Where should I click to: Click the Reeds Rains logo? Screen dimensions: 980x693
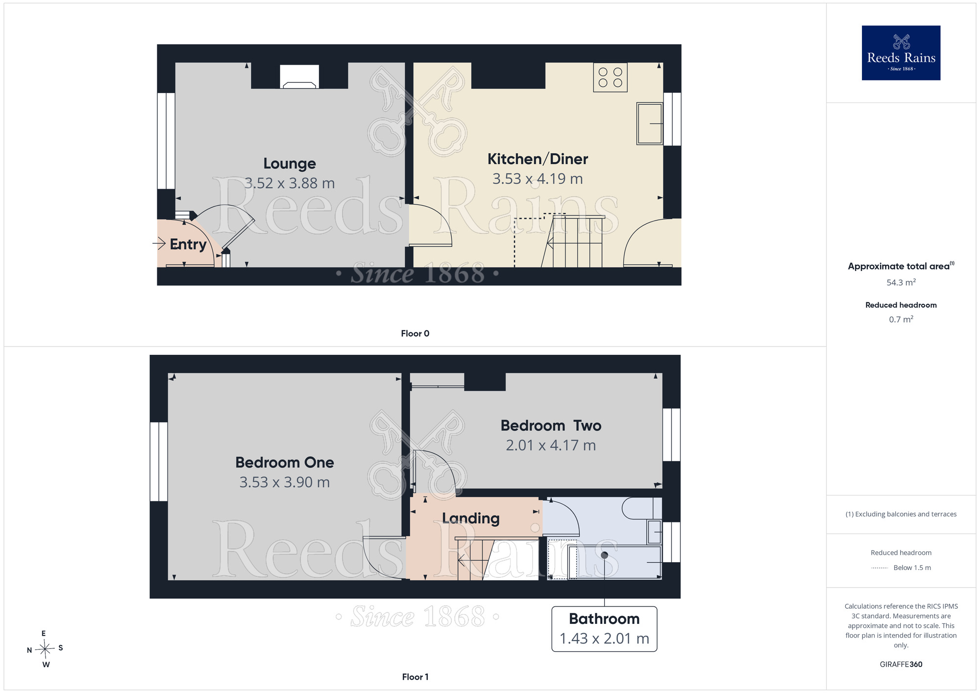[901, 53]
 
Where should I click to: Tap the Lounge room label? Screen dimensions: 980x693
[290, 164]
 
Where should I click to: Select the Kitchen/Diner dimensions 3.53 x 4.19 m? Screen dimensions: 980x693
[538, 179]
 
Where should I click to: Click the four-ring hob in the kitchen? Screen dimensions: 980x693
[610, 77]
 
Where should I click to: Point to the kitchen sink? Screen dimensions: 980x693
[650, 124]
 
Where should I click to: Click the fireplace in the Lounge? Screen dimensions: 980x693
[299, 76]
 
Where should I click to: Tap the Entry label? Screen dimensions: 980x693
[188, 244]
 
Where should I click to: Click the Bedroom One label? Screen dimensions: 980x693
[285, 462]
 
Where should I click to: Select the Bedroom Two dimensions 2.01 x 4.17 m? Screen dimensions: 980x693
[551, 445]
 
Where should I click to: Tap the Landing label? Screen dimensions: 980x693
[471, 519]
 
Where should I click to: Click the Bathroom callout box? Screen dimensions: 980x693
[604, 629]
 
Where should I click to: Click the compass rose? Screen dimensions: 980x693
[45, 649]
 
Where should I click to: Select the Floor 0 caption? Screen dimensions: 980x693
[415, 333]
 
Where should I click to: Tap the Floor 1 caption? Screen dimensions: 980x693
[415, 677]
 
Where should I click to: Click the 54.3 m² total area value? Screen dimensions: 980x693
[901, 282]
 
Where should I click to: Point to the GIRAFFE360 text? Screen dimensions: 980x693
[901, 665]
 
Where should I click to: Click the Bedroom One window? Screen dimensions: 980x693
[159, 462]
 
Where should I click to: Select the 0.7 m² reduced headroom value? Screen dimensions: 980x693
[901, 320]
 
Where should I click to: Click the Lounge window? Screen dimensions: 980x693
[166, 141]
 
